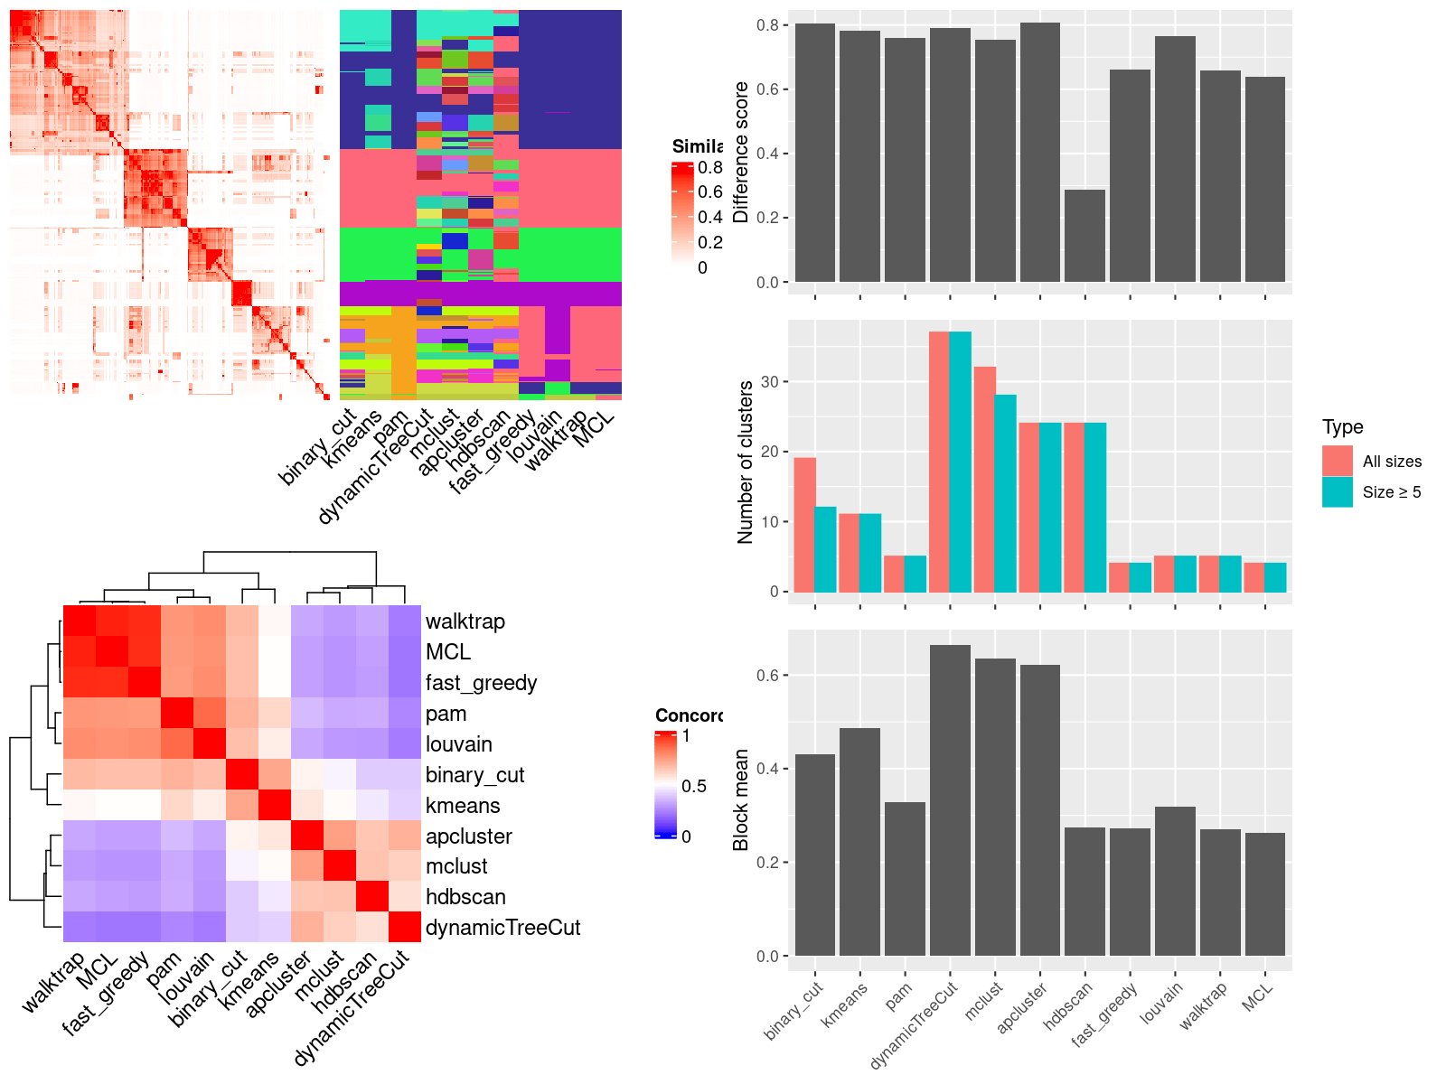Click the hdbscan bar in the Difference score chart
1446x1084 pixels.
coord(1084,236)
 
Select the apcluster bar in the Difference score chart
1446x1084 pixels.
coord(1039,153)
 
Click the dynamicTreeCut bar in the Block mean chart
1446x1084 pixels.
coord(950,800)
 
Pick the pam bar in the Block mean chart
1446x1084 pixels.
coord(905,879)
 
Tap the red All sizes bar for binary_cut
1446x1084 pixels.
coord(805,525)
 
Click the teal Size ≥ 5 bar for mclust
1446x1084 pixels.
coord(1006,493)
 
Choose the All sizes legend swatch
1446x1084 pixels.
coord(1338,461)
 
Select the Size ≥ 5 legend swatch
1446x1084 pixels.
coord(1338,491)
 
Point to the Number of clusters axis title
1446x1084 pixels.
coord(745,463)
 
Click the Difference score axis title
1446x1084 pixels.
coord(741,153)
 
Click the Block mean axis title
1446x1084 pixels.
coord(741,800)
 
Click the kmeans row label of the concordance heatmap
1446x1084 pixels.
coord(463,806)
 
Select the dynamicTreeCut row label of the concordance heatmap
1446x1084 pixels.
coord(502,928)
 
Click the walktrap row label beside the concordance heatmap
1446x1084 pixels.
coord(465,621)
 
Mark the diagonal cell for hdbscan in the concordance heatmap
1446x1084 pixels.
coord(372,896)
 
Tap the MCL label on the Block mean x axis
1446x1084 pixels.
coord(1257,995)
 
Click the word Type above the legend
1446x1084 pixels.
coord(1342,427)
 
